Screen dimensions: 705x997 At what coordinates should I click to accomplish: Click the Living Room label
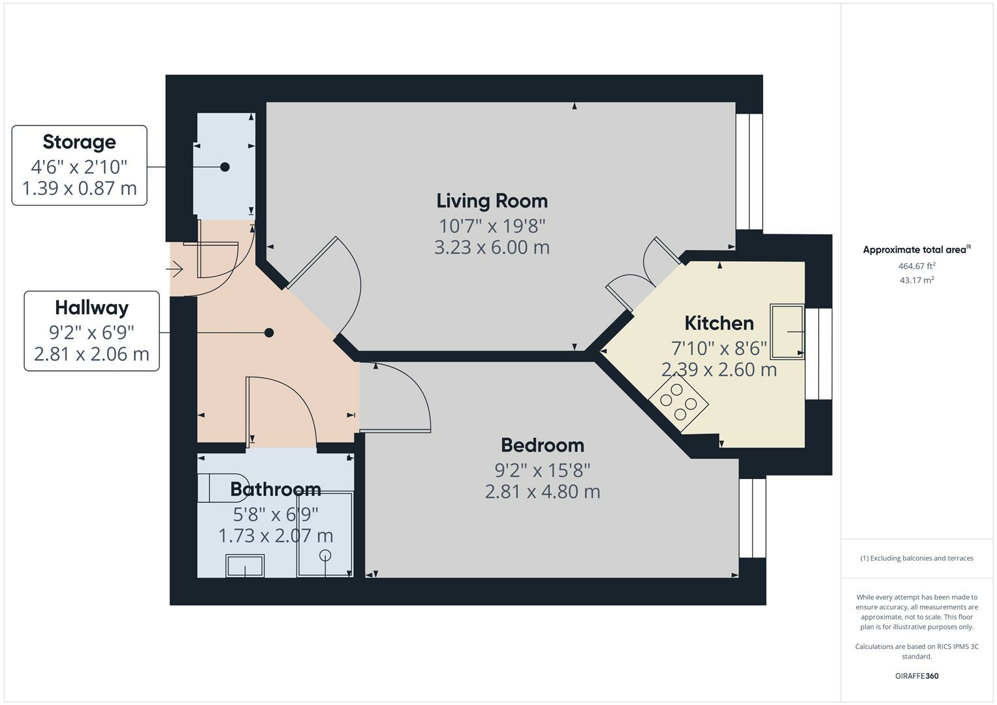pyautogui.click(x=492, y=201)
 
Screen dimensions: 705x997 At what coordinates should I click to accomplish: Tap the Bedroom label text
pyautogui.click(x=542, y=445)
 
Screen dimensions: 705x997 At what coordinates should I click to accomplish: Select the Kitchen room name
pyautogui.click(x=719, y=323)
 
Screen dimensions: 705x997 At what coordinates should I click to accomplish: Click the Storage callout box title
pyautogui.click(x=79, y=142)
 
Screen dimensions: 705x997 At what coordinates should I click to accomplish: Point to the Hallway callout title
pyautogui.click(x=91, y=307)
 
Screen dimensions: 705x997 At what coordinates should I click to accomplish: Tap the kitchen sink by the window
pyautogui.click(x=787, y=332)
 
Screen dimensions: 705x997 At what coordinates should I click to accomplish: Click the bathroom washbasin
pyautogui.click(x=245, y=565)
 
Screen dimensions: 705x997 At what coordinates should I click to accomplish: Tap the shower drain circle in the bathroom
pyautogui.click(x=325, y=556)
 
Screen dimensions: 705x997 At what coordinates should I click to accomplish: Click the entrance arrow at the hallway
pyautogui.click(x=175, y=268)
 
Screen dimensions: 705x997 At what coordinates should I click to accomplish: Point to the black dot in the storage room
pyautogui.click(x=225, y=167)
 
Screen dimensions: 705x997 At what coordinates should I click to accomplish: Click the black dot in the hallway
pyautogui.click(x=268, y=333)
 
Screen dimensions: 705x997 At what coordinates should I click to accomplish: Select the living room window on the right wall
pyautogui.click(x=749, y=172)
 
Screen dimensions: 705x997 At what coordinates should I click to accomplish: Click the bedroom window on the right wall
pyautogui.click(x=752, y=518)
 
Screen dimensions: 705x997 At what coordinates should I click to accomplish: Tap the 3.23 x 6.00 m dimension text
pyautogui.click(x=492, y=248)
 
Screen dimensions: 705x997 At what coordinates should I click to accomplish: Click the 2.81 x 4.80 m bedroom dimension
pyautogui.click(x=542, y=492)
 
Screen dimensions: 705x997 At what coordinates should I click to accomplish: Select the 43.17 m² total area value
pyautogui.click(x=917, y=280)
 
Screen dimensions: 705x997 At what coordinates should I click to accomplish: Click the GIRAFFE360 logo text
pyautogui.click(x=917, y=676)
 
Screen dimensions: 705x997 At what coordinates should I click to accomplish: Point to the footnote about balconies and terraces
pyautogui.click(x=917, y=558)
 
